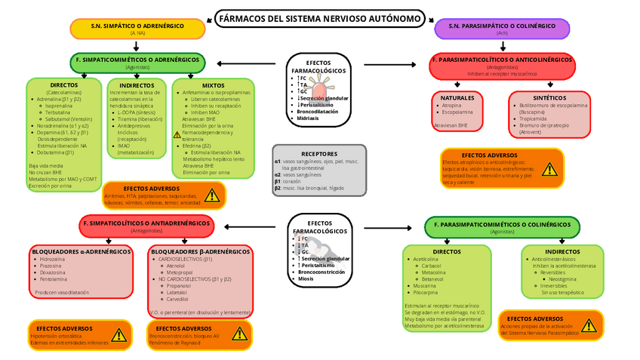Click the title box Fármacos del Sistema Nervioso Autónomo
tap(319, 18)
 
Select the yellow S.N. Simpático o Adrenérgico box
tap(137, 28)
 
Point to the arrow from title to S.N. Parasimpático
tap(429, 20)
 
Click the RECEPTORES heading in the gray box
tap(318, 153)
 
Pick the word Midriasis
tap(307, 118)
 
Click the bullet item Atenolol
tap(175, 266)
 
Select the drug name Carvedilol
tap(177, 300)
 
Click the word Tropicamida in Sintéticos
tap(533, 118)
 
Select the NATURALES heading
tap(457, 98)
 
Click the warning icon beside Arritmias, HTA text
tap(212, 195)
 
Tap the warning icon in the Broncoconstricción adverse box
tap(240, 333)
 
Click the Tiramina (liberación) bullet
tap(140, 118)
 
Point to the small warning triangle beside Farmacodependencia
tap(177, 134)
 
